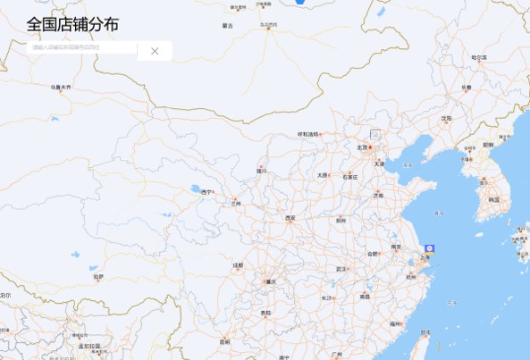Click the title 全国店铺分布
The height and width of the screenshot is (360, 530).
[x=72, y=24]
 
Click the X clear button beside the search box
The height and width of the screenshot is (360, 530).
[x=155, y=51]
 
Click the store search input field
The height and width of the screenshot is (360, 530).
[x=80, y=48]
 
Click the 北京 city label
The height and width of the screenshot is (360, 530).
[x=362, y=147]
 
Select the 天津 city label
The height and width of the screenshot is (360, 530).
[x=380, y=164]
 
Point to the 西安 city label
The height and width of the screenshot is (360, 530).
[x=290, y=218]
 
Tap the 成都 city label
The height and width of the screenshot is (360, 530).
[x=238, y=265]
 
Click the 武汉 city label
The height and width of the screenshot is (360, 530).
[x=341, y=268]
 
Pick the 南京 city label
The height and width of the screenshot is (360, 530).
[x=395, y=247]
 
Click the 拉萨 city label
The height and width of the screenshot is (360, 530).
[x=98, y=277]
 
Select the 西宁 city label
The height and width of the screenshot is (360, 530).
[x=207, y=192]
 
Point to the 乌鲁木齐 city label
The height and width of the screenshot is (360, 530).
[x=61, y=88]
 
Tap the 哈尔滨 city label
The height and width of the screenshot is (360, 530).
[x=480, y=58]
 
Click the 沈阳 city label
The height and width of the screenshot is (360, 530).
[x=447, y=118]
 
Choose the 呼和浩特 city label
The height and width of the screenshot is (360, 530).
[x=308, y=134]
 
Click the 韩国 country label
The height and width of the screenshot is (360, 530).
[x=494, y=199]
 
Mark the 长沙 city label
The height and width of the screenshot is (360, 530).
[x=327, y=298]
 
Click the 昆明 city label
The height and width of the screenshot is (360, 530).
[x=224, y=341]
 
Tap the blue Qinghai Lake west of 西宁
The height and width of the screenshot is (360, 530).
[x=195, y=188]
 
